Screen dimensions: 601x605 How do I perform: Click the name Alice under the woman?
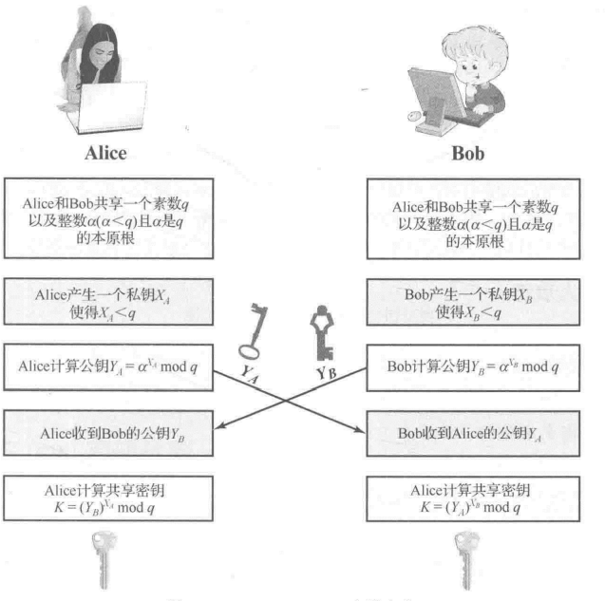coord(104,153)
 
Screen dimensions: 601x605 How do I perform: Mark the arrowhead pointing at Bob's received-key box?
coord(362,432)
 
